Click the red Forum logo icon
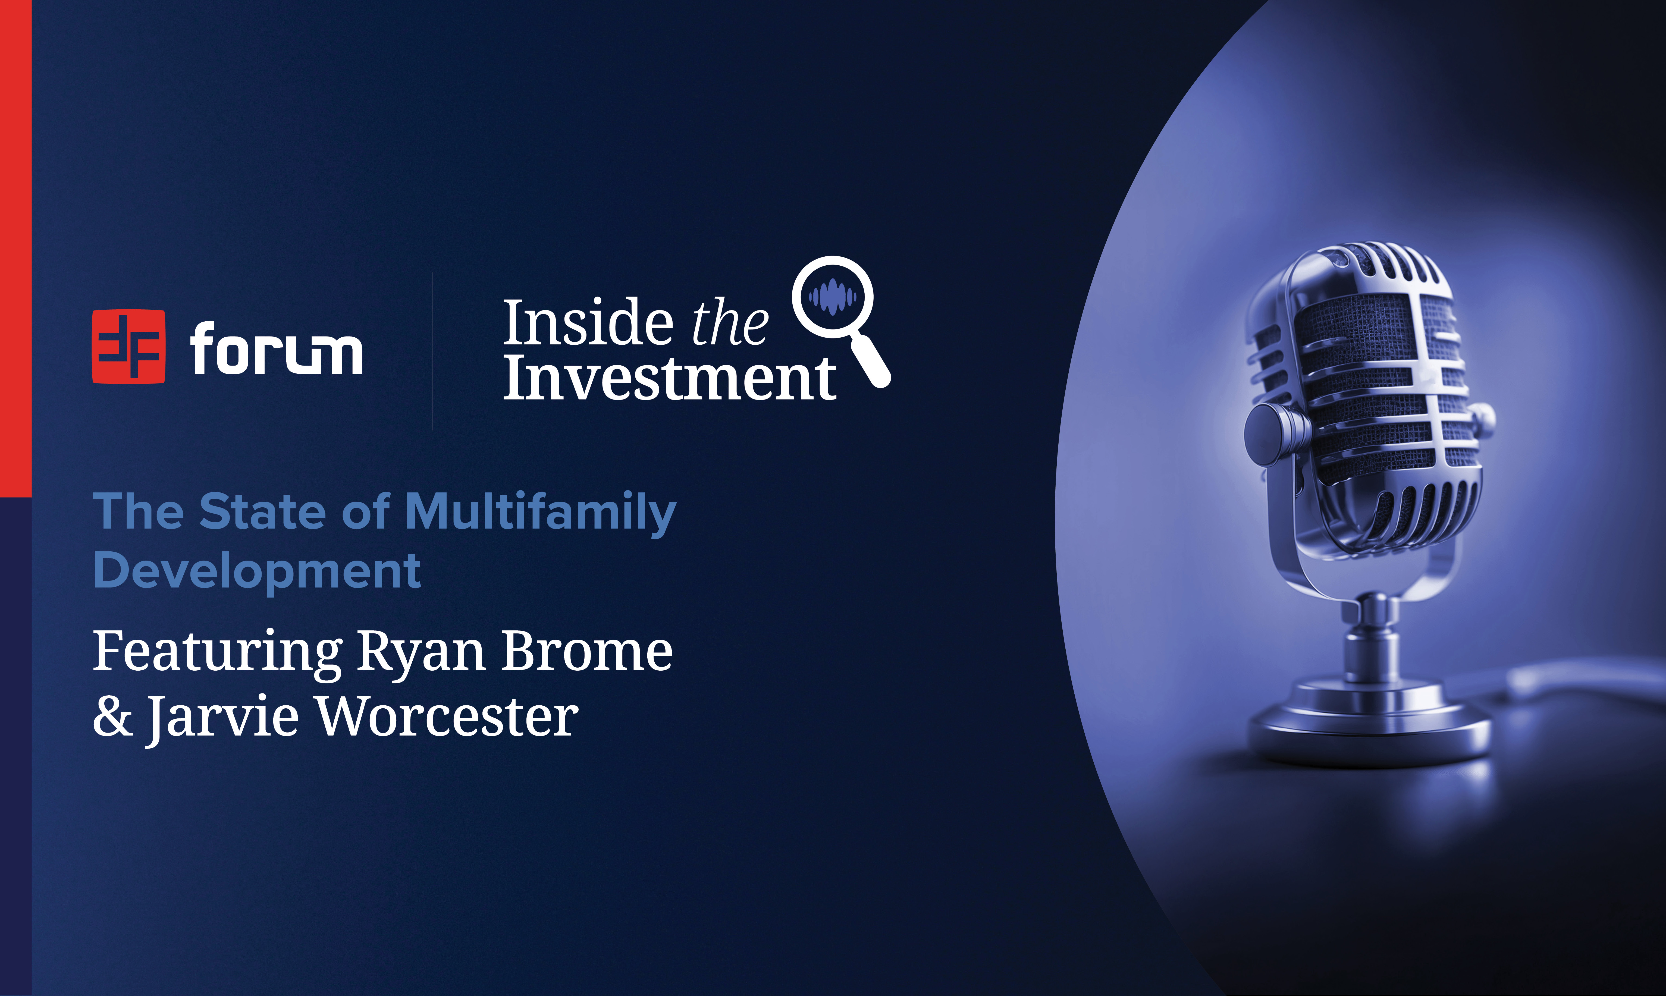[128, 346]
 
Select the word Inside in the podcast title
[588, 323]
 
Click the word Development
[257, 571]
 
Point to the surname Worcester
[447, 716]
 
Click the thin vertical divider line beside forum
[433, 351]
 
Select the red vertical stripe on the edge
[15, 248]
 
